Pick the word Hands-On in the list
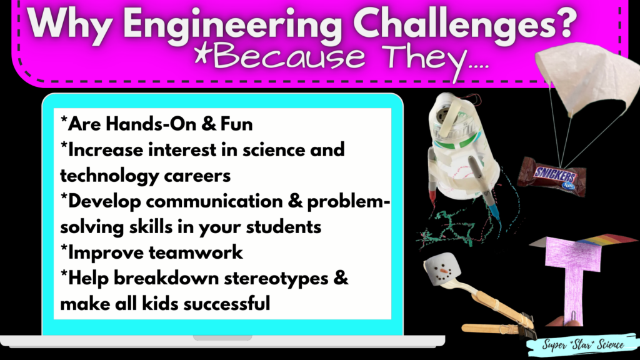[x=135, y=124]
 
